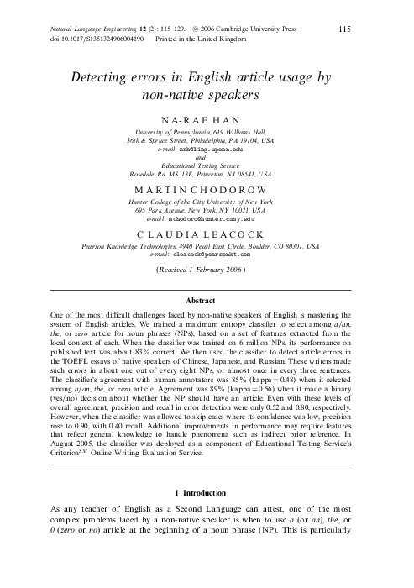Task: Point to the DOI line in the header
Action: [97, 39]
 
